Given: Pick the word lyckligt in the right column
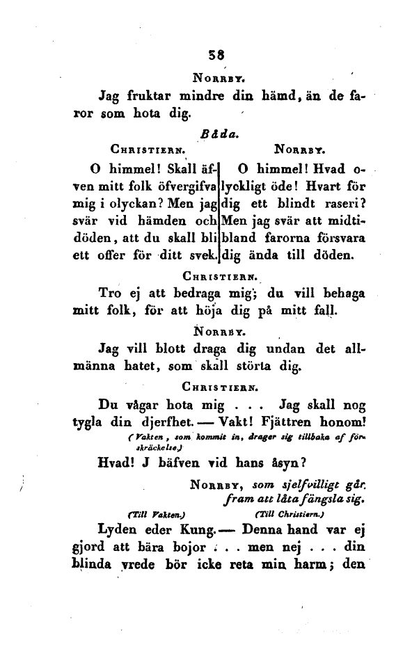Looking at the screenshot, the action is pyautogui.click(x=248, y=189).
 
